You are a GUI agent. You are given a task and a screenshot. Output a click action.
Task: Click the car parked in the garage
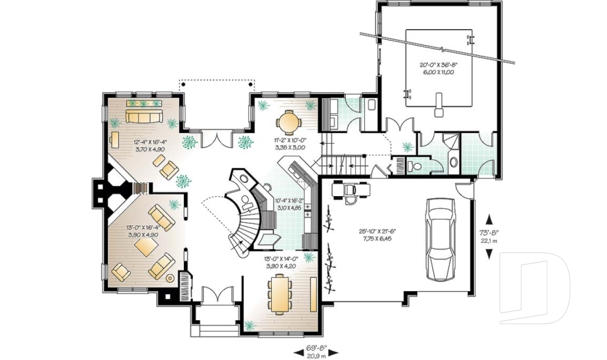tap(441, 239)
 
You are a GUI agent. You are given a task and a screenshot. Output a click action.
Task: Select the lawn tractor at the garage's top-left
tap(348, 189)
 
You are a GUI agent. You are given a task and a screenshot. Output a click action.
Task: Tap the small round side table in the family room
tap(169, 277)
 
